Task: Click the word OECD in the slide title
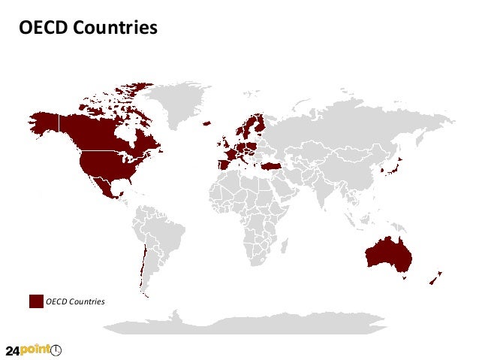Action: (42, 28)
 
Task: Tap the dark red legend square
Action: (36, 301)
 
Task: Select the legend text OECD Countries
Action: (75, 302)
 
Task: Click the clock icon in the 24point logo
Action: (56, 350)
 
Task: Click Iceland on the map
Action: (206, 123)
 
